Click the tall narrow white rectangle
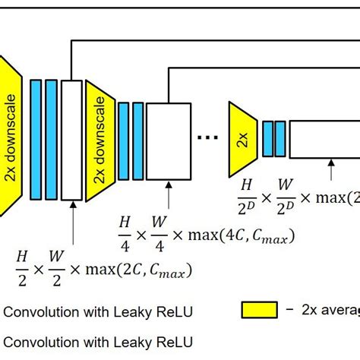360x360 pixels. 71,141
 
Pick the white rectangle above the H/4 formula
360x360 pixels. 168,141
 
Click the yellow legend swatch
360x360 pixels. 259,309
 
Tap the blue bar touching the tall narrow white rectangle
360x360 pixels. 51,141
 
